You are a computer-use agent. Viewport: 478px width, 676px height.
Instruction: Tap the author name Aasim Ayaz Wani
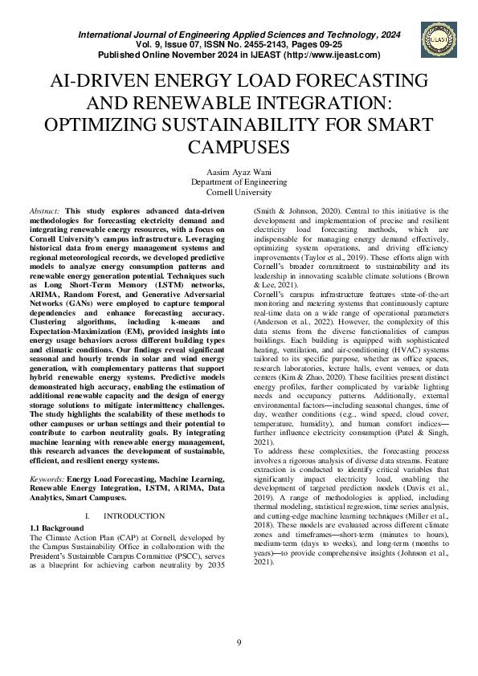pyautogui.click(x=239, y=173)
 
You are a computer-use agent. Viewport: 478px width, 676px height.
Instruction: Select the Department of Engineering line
pyautogui.click(x=239, y=183)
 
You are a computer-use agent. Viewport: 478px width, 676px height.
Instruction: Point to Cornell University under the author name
pyautogui.click(x=239, y=193)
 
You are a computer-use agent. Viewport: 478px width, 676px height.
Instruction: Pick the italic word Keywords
pyautogui.click(x=46, y=478)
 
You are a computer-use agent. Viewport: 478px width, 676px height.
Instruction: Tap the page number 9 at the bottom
pyautogui.click(x=239, y=642)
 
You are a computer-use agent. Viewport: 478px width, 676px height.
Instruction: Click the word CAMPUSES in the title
pyautogui.click(x=239, y=148)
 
